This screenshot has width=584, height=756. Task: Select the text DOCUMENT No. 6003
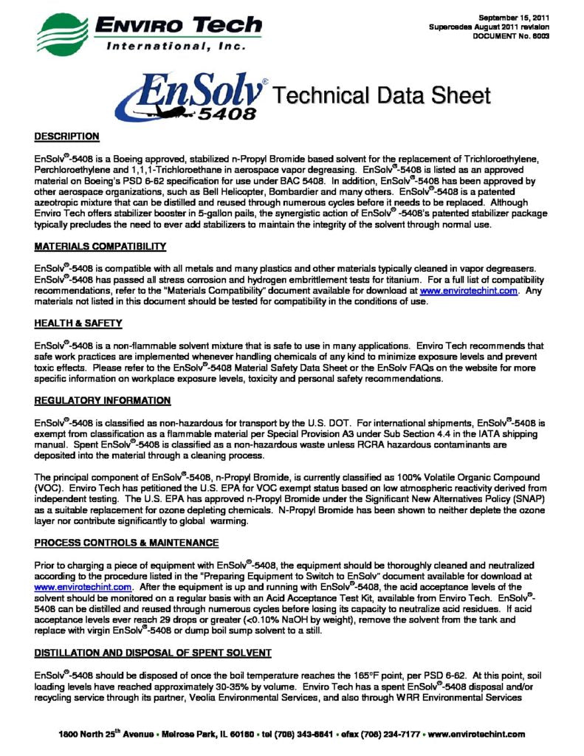click(515, 37)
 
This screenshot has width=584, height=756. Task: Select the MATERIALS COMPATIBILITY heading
click(100, 246)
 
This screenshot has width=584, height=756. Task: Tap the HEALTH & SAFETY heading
click(78, 323)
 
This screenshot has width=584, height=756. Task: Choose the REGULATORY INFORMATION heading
click(103, 401)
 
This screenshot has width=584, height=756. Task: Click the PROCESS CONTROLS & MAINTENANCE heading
click(126, 543)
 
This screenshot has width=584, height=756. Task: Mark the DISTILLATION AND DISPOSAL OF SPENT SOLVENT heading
click(153, 653)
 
